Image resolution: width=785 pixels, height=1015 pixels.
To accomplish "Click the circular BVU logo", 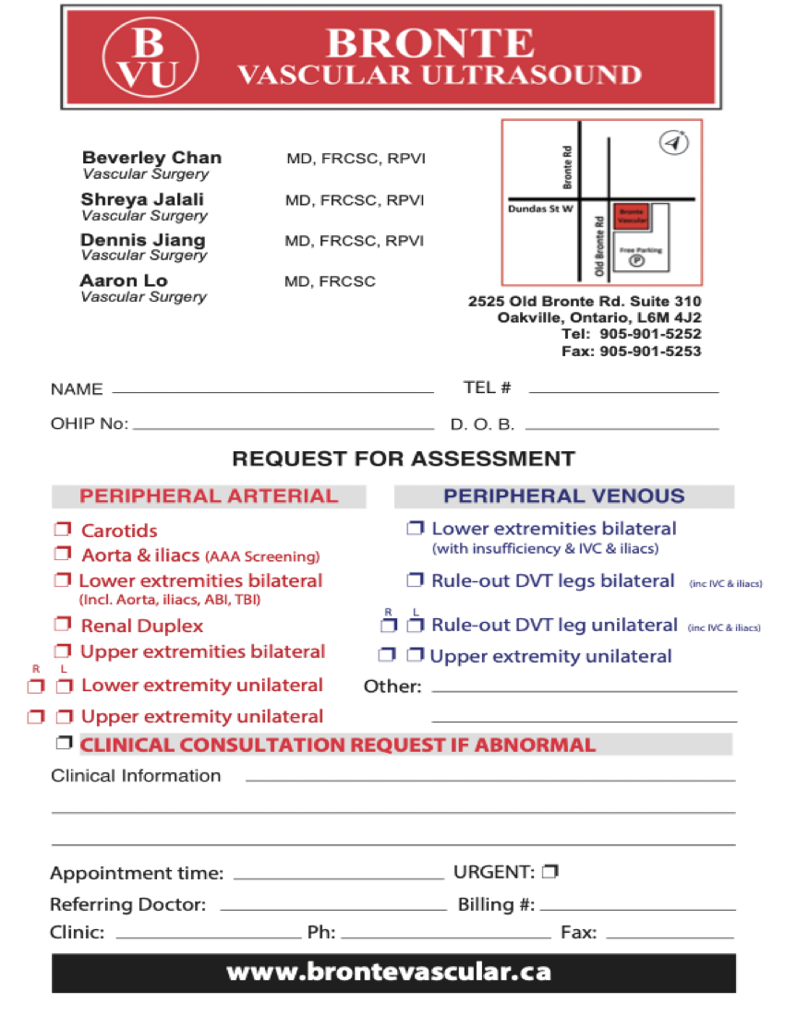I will [x=151, y=56].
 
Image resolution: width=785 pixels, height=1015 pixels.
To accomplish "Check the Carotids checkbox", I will [x=63, y=530].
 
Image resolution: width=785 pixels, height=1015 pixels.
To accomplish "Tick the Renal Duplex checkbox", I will [x=63, y=626].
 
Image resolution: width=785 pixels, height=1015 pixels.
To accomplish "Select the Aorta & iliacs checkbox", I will [x=63, y=555].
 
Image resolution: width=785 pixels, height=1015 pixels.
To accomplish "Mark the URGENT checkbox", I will [x=550, y=871].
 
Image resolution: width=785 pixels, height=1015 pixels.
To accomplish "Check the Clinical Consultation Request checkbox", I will [x=63, y=744].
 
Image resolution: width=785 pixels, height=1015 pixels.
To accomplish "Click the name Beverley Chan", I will [x=151, y=158].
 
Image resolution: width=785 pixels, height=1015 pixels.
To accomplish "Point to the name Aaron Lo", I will [x=124, y=281].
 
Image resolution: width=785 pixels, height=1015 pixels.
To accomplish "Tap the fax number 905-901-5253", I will [x=650, y=352].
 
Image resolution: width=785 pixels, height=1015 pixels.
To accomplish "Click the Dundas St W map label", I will [x=540, y=209].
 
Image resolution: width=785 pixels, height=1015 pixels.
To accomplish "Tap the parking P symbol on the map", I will [x=636, y=261].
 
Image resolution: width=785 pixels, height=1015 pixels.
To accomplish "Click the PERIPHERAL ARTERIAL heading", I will [x=209, y=496].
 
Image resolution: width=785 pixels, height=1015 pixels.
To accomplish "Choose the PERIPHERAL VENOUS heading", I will [x=563, y=496].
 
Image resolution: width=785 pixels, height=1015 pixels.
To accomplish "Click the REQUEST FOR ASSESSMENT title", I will [x=403, y=459].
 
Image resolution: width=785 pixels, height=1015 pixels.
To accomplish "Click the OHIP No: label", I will [x=90, y=424].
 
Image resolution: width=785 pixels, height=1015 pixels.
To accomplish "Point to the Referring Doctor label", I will [x=127, y=904].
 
